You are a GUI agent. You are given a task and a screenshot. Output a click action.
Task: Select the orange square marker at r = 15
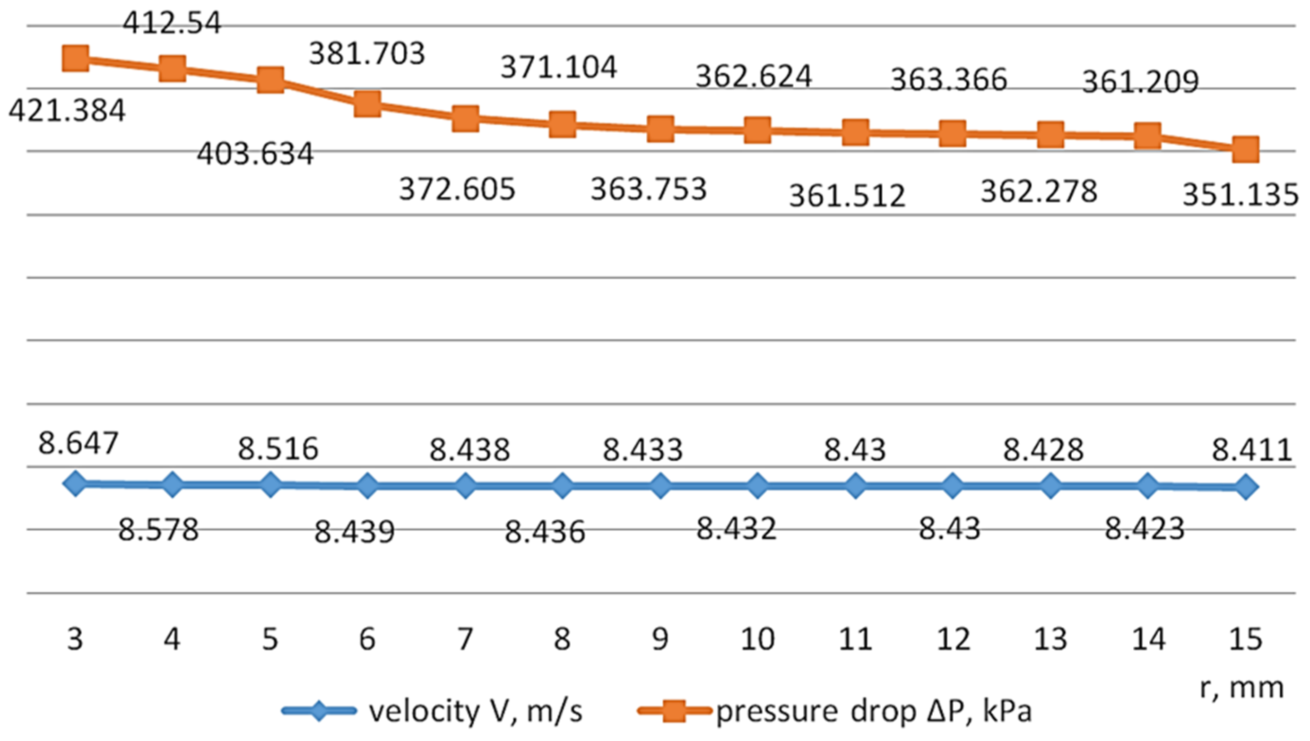(x=1245, y=150)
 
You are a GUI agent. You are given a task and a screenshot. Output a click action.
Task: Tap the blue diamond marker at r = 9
(x=660, y=485)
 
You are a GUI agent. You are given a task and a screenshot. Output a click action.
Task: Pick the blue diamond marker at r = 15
(x=1245, y=487)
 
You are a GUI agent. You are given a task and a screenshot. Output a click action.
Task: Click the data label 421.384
(x=67, y=111)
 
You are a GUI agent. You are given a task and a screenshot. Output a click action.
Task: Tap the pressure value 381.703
(x=366, y=53)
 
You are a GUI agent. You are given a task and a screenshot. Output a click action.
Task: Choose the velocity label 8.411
(x=1251, y=450)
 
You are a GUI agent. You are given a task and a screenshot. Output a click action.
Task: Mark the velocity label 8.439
(x=355, y=532)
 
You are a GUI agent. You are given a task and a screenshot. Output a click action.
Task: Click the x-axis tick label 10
(x=758, y=639)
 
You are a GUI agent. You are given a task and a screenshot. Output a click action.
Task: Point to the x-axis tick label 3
(x=75, y=639)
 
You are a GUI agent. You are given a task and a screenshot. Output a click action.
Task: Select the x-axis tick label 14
(x=1149, y=639)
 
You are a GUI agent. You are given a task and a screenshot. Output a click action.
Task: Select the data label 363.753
(x=648, y=189)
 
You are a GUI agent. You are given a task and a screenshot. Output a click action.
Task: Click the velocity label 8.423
(x=1144, y=529)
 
